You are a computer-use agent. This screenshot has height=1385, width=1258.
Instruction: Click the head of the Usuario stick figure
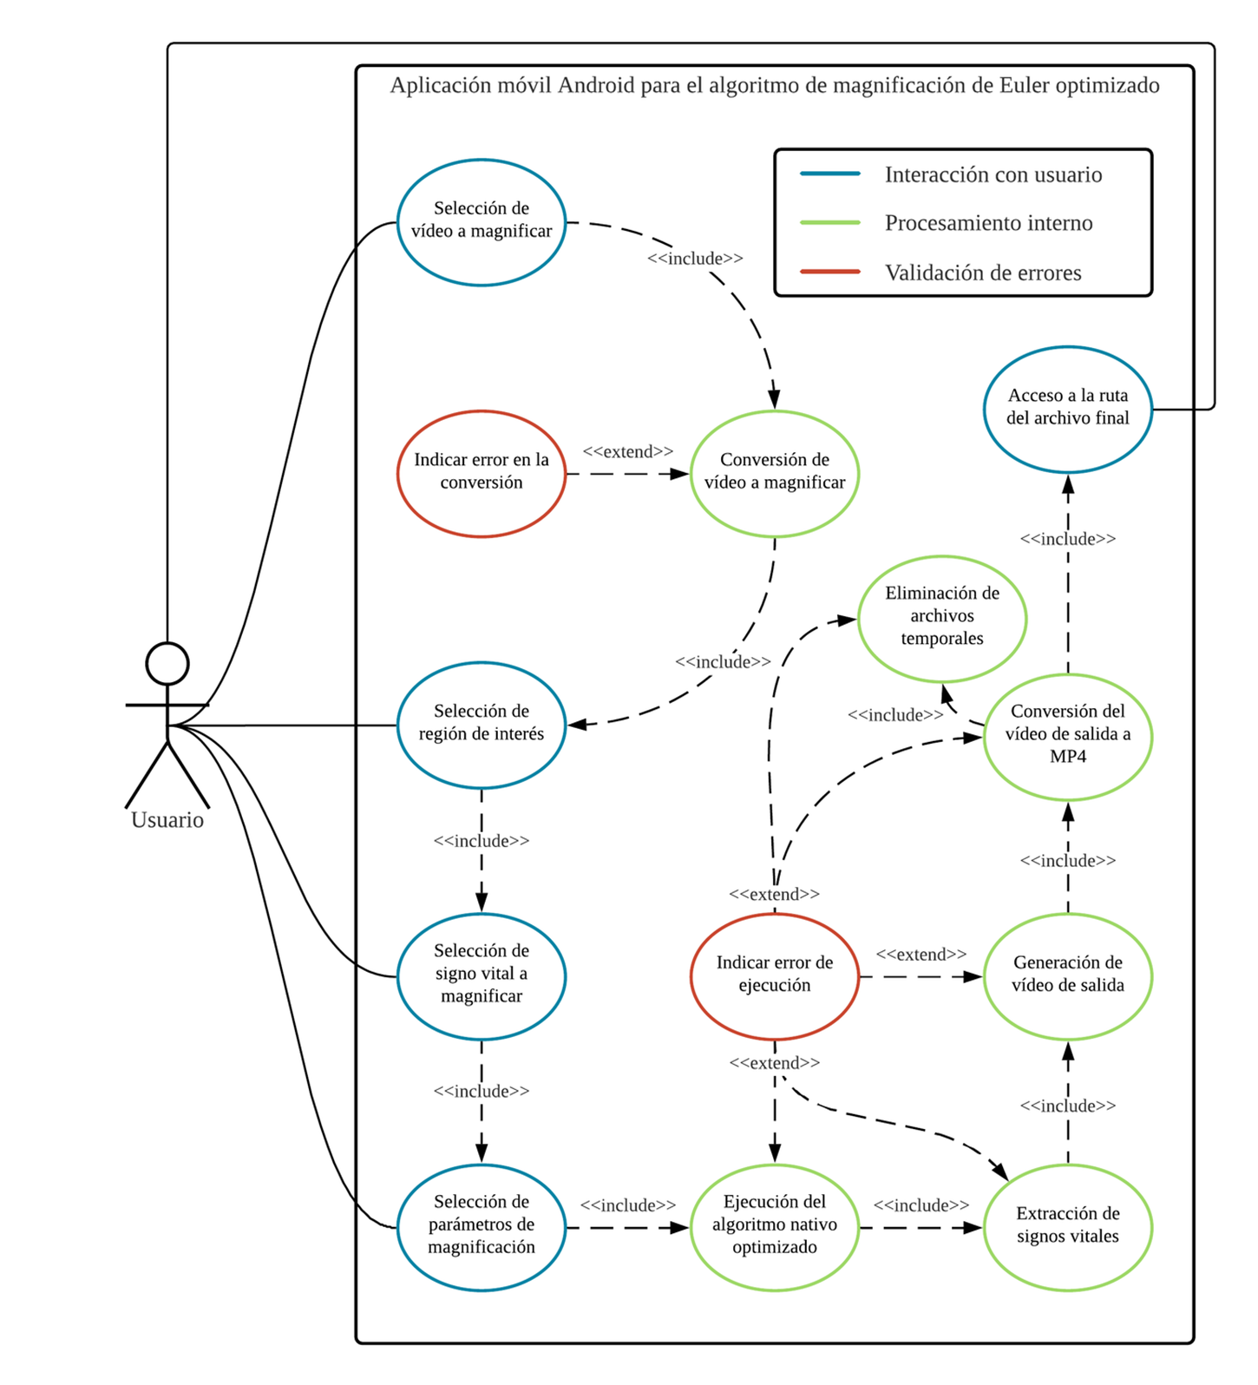[x=167, y=664]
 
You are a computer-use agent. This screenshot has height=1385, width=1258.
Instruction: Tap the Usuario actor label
[x=167, y=820]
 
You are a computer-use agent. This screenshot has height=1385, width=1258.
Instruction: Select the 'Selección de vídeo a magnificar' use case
[x=482, y=222]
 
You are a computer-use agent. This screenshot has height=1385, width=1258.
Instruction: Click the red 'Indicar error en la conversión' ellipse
[x=482, y=474]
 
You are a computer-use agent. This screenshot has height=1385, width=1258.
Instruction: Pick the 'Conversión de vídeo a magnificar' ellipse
[x=775, y=474]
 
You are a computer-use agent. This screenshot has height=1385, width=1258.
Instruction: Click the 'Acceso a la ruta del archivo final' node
[x=1068, y=409]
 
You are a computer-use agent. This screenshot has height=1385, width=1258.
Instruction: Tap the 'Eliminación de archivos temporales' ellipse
[x=942, y=619]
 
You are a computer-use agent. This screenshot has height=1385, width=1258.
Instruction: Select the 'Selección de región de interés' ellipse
[x=482, y=725]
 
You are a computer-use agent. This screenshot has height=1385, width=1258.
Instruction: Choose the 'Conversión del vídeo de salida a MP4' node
[x=1068, y=736]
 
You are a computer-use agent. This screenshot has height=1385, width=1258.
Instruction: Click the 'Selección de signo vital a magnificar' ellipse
[x=482, y=976]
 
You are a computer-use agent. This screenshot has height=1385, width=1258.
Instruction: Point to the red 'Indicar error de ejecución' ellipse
[x=775, y=976]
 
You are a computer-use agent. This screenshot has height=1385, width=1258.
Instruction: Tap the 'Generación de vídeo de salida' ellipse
[x=1068, y=976]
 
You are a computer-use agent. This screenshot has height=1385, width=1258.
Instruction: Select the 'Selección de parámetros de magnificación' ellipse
[x=482, y=1227]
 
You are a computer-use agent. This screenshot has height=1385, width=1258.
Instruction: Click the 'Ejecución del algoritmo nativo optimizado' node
[x=775, y=1227]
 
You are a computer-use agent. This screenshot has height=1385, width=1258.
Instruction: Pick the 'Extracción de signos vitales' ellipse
[x=1068, y=1227]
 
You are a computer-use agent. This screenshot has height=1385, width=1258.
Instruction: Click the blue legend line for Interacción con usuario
[x=830, y=174]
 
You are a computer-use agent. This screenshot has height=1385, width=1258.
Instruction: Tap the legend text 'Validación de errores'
[x=983, y=273]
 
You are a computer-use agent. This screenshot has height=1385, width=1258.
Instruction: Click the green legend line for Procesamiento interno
[x=830, y=223]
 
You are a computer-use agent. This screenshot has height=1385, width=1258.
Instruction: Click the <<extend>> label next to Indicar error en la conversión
[x=628, y=452]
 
